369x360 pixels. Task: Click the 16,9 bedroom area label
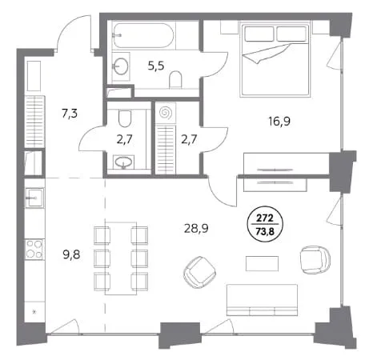point(279,122)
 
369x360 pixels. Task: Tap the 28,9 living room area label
point(196,229)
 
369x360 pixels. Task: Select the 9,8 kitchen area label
point(71,255)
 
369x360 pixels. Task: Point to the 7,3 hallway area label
point(70,114)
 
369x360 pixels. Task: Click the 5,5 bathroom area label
point(156,66)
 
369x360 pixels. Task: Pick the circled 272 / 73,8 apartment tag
point(265,225)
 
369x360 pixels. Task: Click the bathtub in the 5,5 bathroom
point(143,35)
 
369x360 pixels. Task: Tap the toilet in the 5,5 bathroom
point(175,79)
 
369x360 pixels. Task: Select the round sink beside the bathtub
point(121,66)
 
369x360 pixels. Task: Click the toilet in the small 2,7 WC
point(125,118)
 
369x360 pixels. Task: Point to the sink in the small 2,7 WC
point(123,162)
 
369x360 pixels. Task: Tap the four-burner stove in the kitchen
point(34,250)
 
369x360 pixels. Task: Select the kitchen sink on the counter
point(34,198)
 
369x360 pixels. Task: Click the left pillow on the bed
point(259,34)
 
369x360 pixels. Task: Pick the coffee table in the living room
point(262,264)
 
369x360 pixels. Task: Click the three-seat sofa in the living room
point(262,300)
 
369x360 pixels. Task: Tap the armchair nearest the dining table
point(200,272)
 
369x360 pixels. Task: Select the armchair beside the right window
point(315,260)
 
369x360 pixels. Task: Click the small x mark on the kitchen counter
point(34,311)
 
